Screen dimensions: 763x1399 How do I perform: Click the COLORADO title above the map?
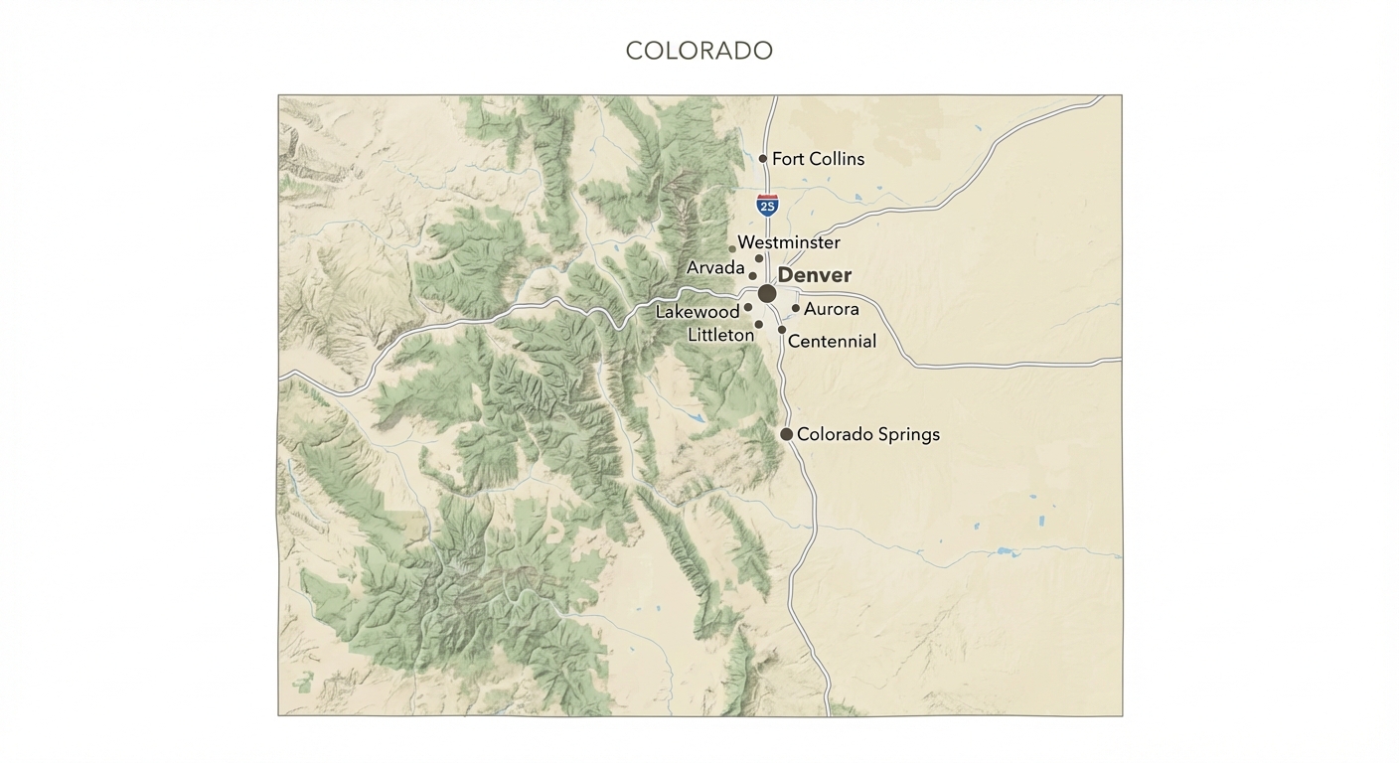(699, 51)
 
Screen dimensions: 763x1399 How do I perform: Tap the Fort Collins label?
(818, 159)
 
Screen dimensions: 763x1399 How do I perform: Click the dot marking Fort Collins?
(763, 158)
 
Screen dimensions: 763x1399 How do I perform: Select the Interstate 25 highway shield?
(767, 206)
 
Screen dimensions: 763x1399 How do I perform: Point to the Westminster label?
(789, 242)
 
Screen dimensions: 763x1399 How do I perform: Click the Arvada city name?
(715, 268)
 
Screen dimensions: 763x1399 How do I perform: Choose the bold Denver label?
(815, 275)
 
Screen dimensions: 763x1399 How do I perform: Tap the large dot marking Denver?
(767, 293)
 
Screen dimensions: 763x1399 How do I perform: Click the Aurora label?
(832, 309)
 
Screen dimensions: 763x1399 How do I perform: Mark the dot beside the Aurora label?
(796, 308)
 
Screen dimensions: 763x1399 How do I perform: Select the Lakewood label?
(698, 312)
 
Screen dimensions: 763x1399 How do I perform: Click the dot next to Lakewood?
(748, 307)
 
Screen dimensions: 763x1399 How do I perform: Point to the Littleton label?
(720, 336)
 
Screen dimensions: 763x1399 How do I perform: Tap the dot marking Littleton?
(759, 324)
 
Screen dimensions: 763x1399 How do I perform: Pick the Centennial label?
(832, 342)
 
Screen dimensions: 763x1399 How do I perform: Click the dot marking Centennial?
(782, 329)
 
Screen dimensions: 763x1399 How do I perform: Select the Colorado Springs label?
(868, 434)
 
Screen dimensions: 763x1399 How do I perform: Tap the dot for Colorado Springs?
(787, 434)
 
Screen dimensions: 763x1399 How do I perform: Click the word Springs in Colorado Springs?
(905, 435)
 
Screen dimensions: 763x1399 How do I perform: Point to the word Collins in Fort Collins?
(836, 159)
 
